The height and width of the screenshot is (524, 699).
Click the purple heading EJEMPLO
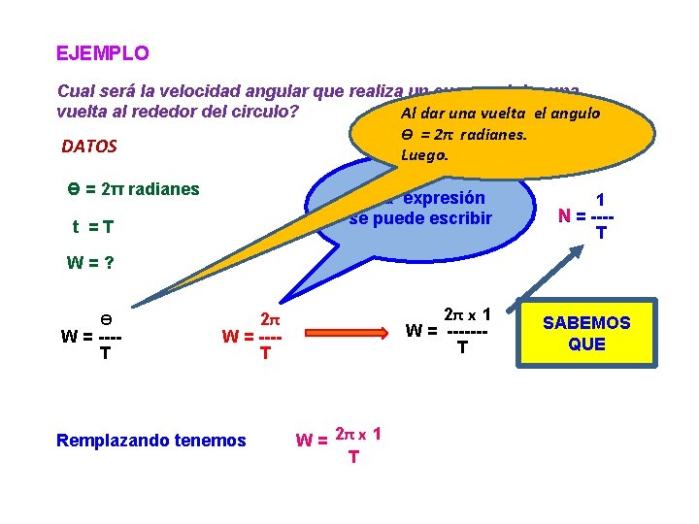(103, 52)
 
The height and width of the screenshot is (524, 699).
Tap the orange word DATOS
(89, 147)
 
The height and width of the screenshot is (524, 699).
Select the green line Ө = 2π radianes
(128, 189)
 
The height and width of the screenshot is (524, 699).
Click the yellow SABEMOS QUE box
(586, 333)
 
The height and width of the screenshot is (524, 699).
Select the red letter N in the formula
(564, 215)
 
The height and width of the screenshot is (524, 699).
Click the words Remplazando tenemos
(151, 441)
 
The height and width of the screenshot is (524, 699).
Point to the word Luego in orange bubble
(430, 154)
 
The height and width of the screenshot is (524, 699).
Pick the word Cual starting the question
(77, 91)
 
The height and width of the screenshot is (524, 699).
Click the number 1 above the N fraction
(600, 197)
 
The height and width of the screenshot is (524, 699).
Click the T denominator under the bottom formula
(352, 456)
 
